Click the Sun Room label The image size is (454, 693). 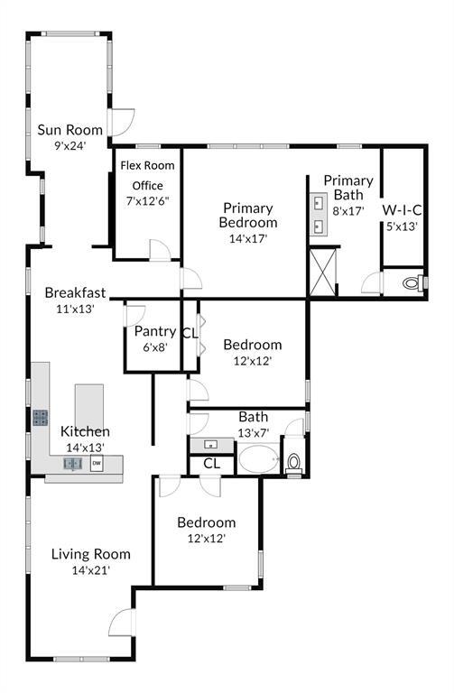pos(69,130)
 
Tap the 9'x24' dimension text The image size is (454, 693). pos(69,145)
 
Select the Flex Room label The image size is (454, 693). pos(148,166)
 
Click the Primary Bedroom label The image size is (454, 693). pos(248,216)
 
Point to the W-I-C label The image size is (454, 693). pos(402,210)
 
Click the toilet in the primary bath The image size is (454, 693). pos(413,282)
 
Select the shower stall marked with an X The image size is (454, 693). pos(322,273)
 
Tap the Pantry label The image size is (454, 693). pos(155,331)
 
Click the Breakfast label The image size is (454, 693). pos(75,292)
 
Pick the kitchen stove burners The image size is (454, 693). pos(41,418)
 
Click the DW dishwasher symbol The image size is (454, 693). pos(97,463)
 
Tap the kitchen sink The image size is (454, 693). pos(72,464)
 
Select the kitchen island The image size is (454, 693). pos(88,405)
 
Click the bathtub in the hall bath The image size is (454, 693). pos(259,459)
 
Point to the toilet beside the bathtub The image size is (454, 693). pos(293,464)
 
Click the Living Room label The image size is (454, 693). pos(91,554)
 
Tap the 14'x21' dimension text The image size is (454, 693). pos(91,570)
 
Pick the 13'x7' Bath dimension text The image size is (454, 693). pos(254,433)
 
